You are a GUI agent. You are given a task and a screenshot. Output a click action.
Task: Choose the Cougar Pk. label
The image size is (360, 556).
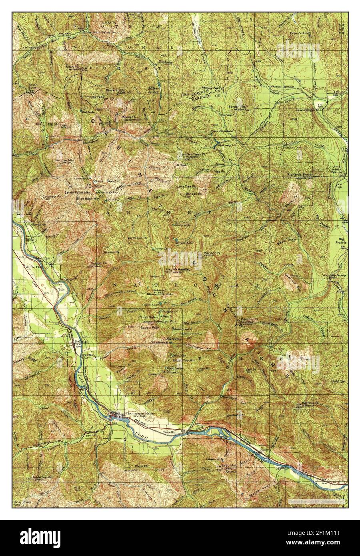98,263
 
